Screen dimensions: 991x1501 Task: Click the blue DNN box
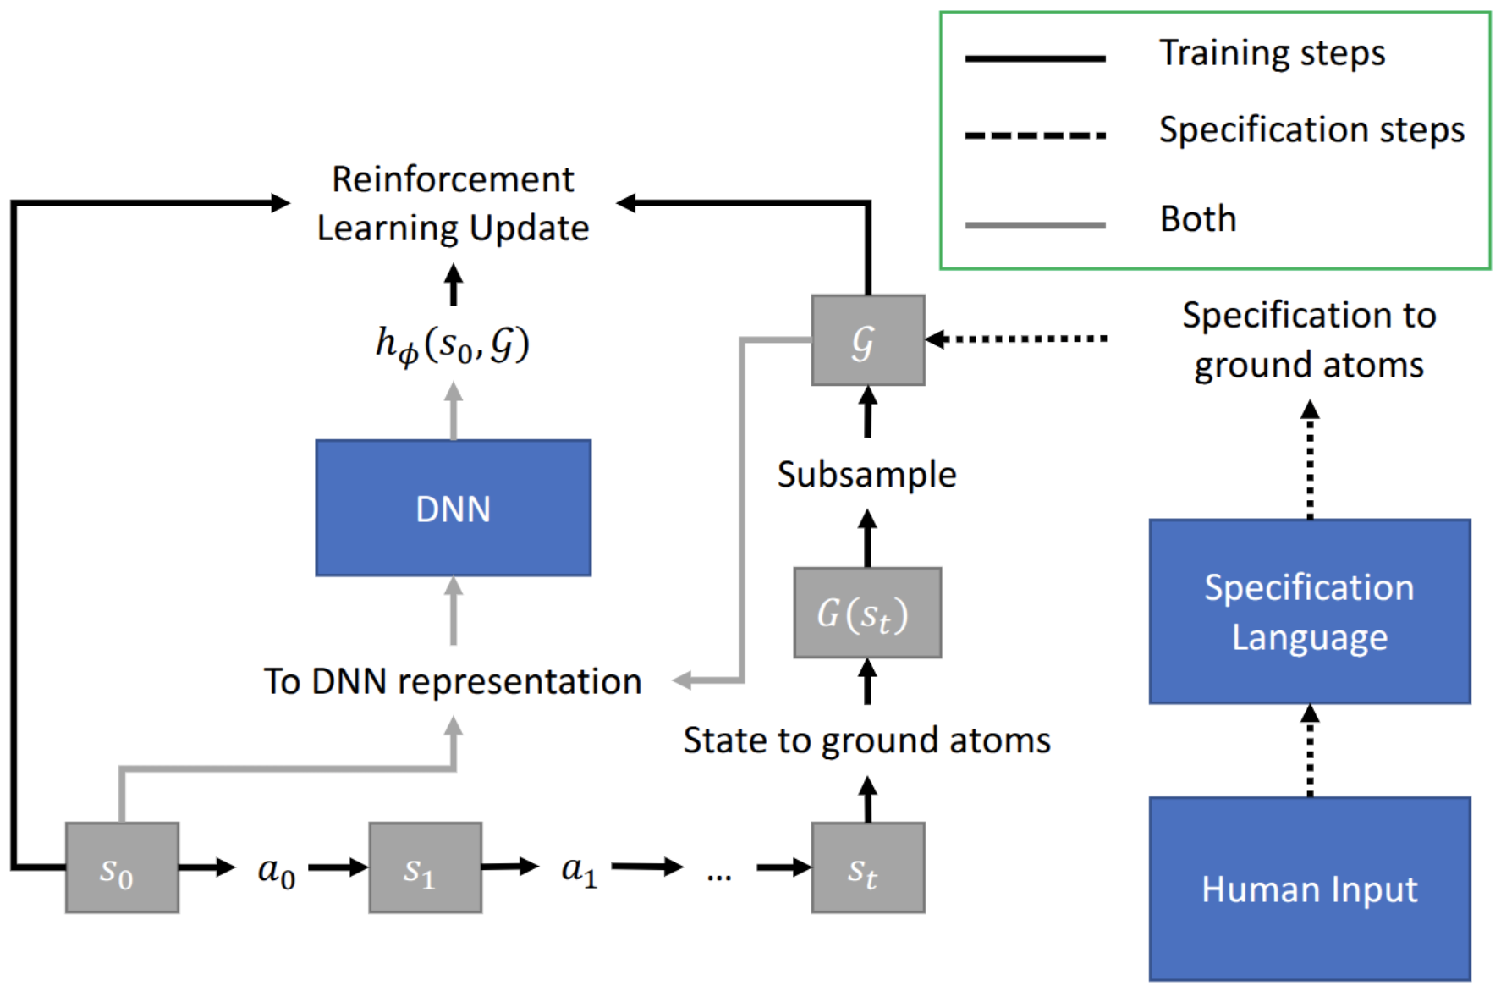(x=453, y=508)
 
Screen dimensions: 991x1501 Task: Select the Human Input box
(x=1309, y=889)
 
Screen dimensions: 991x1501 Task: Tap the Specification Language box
(x=1309, y=611)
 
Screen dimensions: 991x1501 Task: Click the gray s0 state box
(x=122, y=867)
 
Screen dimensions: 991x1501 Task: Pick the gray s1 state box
(x=425, y=867)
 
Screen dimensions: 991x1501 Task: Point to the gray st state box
(x=867, y=867)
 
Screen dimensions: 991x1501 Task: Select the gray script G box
(x=867, y=340)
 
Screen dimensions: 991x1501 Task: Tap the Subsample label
(x=866, y=474)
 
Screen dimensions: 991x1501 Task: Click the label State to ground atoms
(x=866, y=740)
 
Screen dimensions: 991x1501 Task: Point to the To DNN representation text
(x=453, y=681)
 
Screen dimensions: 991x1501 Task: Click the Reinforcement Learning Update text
(x=453, y=203)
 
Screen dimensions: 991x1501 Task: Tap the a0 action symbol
(x=277, y=870)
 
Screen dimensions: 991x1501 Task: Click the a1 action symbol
(x=580, y=870)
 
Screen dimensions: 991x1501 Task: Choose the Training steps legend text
(x=1271, y=53)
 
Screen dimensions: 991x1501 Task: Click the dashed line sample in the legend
(x=1035, y=135)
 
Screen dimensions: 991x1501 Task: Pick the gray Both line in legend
(x=1035, y=225)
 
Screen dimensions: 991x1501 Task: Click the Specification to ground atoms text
(x=1309, y=339)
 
